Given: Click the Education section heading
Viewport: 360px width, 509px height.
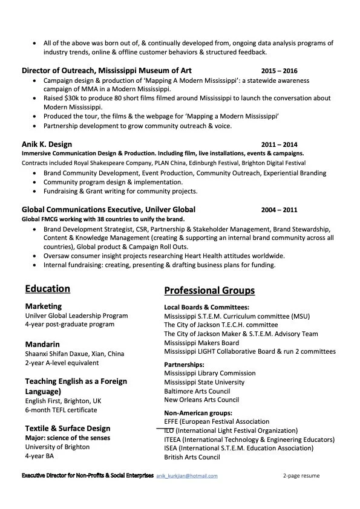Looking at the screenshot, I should coord(47,289).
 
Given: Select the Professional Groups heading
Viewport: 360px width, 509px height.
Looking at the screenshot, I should coord(209,290).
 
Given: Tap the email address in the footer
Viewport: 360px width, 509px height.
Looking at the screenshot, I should coord(187,476).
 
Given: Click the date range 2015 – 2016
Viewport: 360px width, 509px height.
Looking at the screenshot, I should coord(279,71).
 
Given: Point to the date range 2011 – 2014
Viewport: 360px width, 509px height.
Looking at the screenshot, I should coord(279,144).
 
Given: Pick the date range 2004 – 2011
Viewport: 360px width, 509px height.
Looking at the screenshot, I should coord(279,210).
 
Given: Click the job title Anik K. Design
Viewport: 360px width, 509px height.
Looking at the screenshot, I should coord(47,144).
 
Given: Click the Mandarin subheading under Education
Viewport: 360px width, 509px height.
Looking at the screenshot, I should coord(42,345).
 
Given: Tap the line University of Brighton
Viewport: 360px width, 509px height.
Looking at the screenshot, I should coord(57,447).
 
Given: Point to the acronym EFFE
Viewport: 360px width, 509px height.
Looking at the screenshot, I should coord(172,421).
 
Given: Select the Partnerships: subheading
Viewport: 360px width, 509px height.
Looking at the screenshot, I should coord(184,365).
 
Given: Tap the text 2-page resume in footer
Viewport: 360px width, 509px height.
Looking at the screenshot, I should coord(301,476).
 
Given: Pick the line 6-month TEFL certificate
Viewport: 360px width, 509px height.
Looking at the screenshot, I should coord(61,410).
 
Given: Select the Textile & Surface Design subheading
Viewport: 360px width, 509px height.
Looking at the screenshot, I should coord(68,429).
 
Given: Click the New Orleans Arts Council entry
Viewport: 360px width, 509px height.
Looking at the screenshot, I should coord(201,400).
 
